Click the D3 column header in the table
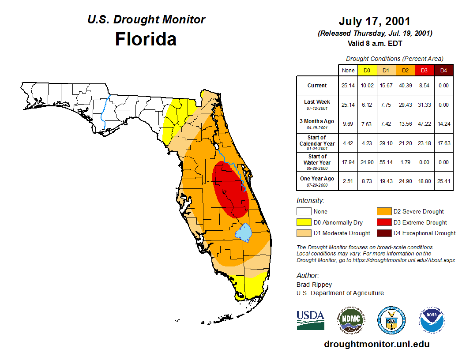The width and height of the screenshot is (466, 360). point(425,71)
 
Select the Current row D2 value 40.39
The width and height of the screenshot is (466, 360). point(405,86)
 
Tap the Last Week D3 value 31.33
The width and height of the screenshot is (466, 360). point(425,105)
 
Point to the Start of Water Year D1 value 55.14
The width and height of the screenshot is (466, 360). point(386,162)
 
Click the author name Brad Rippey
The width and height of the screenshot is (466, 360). point(314,285)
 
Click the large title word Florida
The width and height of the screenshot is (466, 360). point(146,39)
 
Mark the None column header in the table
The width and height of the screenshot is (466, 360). point(348,71)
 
